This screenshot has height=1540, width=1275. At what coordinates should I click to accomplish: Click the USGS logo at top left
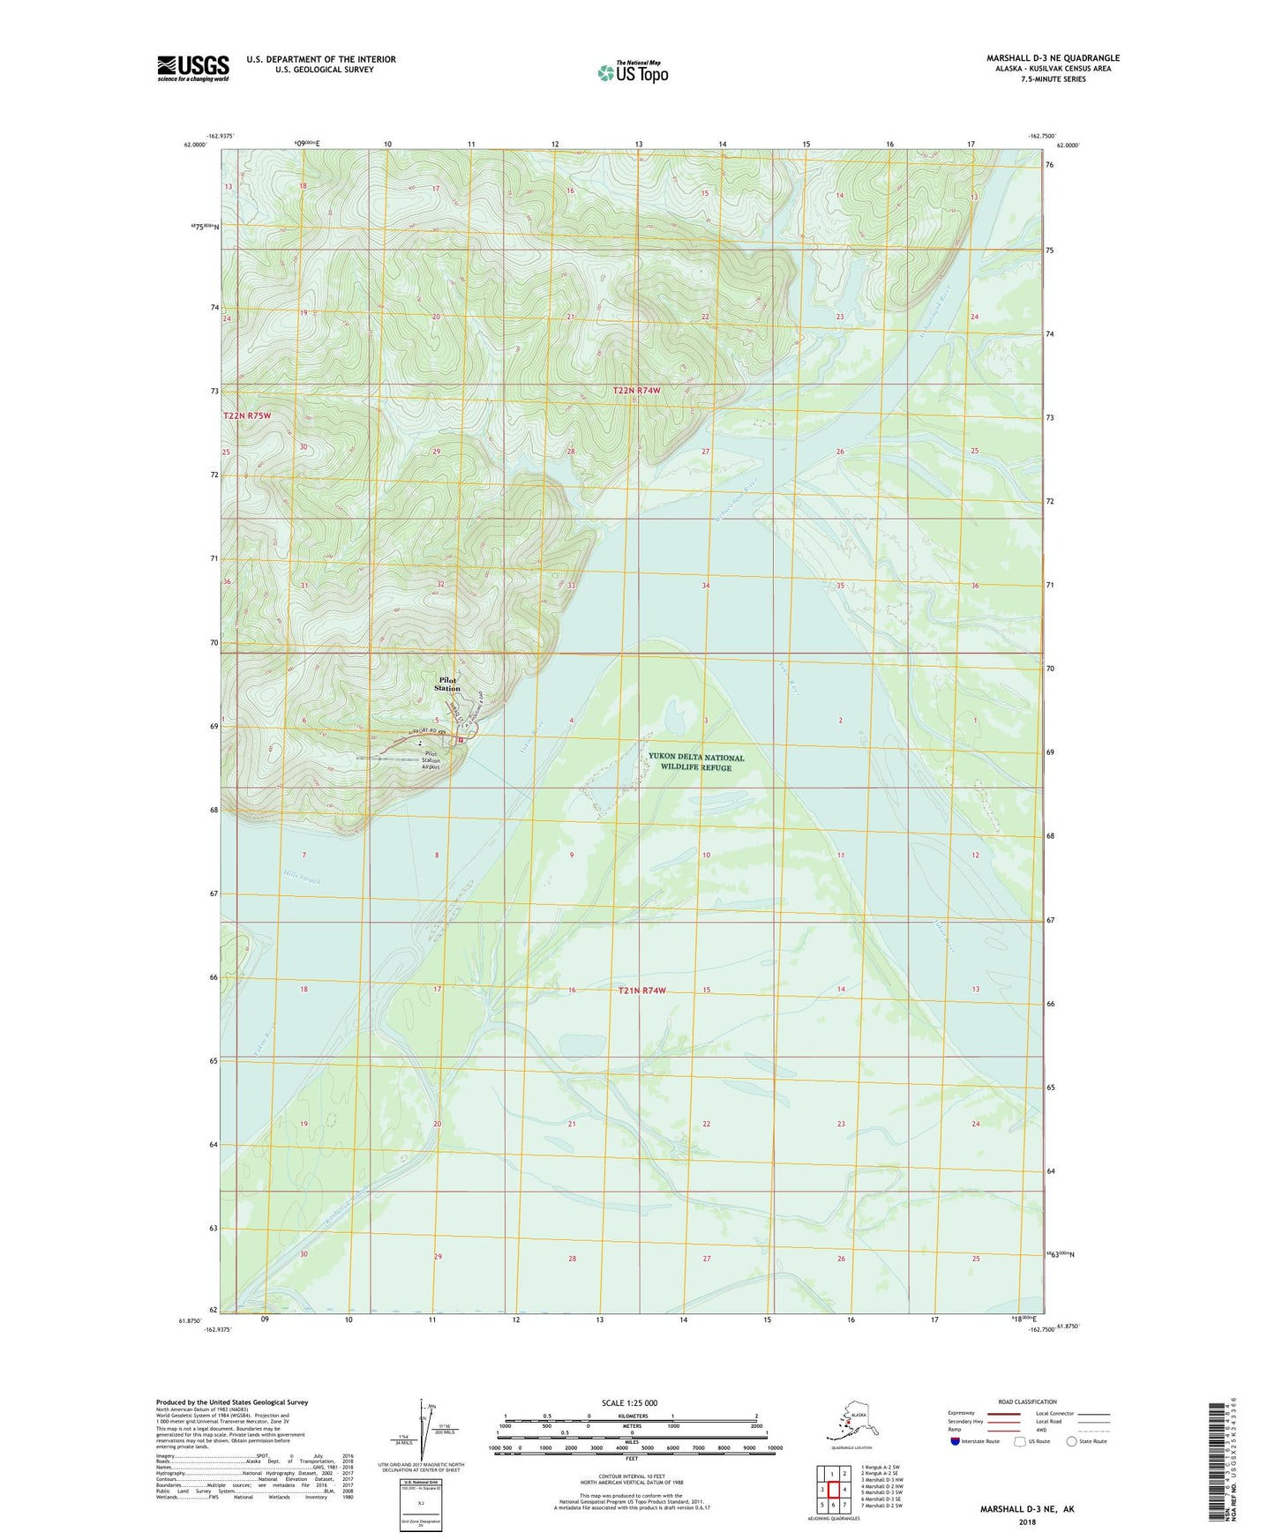tap(192, 68)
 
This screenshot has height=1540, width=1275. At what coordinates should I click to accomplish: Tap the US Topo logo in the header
tap(632, 72)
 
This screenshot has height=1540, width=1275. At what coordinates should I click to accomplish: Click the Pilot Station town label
tap(447, 684)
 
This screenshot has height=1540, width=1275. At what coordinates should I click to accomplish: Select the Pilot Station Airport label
tap(430, 760)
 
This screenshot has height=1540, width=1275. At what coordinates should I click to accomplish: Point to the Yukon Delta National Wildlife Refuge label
tap(696, 762)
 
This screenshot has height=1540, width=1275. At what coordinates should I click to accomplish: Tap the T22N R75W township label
tap(246, 415)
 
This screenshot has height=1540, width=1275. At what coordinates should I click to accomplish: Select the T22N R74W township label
tap(636, 390)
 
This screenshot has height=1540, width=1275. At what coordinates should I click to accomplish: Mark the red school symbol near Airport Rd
tap(461, 741)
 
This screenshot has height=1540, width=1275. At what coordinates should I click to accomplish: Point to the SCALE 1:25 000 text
tap(629, 1402)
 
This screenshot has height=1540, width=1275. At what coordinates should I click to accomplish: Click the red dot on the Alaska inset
tap(847, 1423)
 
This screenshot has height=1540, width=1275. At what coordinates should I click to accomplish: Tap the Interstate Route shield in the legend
tap(955, 1441)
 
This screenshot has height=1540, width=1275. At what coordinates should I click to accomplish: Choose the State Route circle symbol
tap(1071, 1441)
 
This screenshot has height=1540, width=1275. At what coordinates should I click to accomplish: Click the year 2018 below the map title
tap(1027, 1521)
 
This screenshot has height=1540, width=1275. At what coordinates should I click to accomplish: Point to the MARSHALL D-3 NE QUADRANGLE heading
tap(1053, 58)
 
